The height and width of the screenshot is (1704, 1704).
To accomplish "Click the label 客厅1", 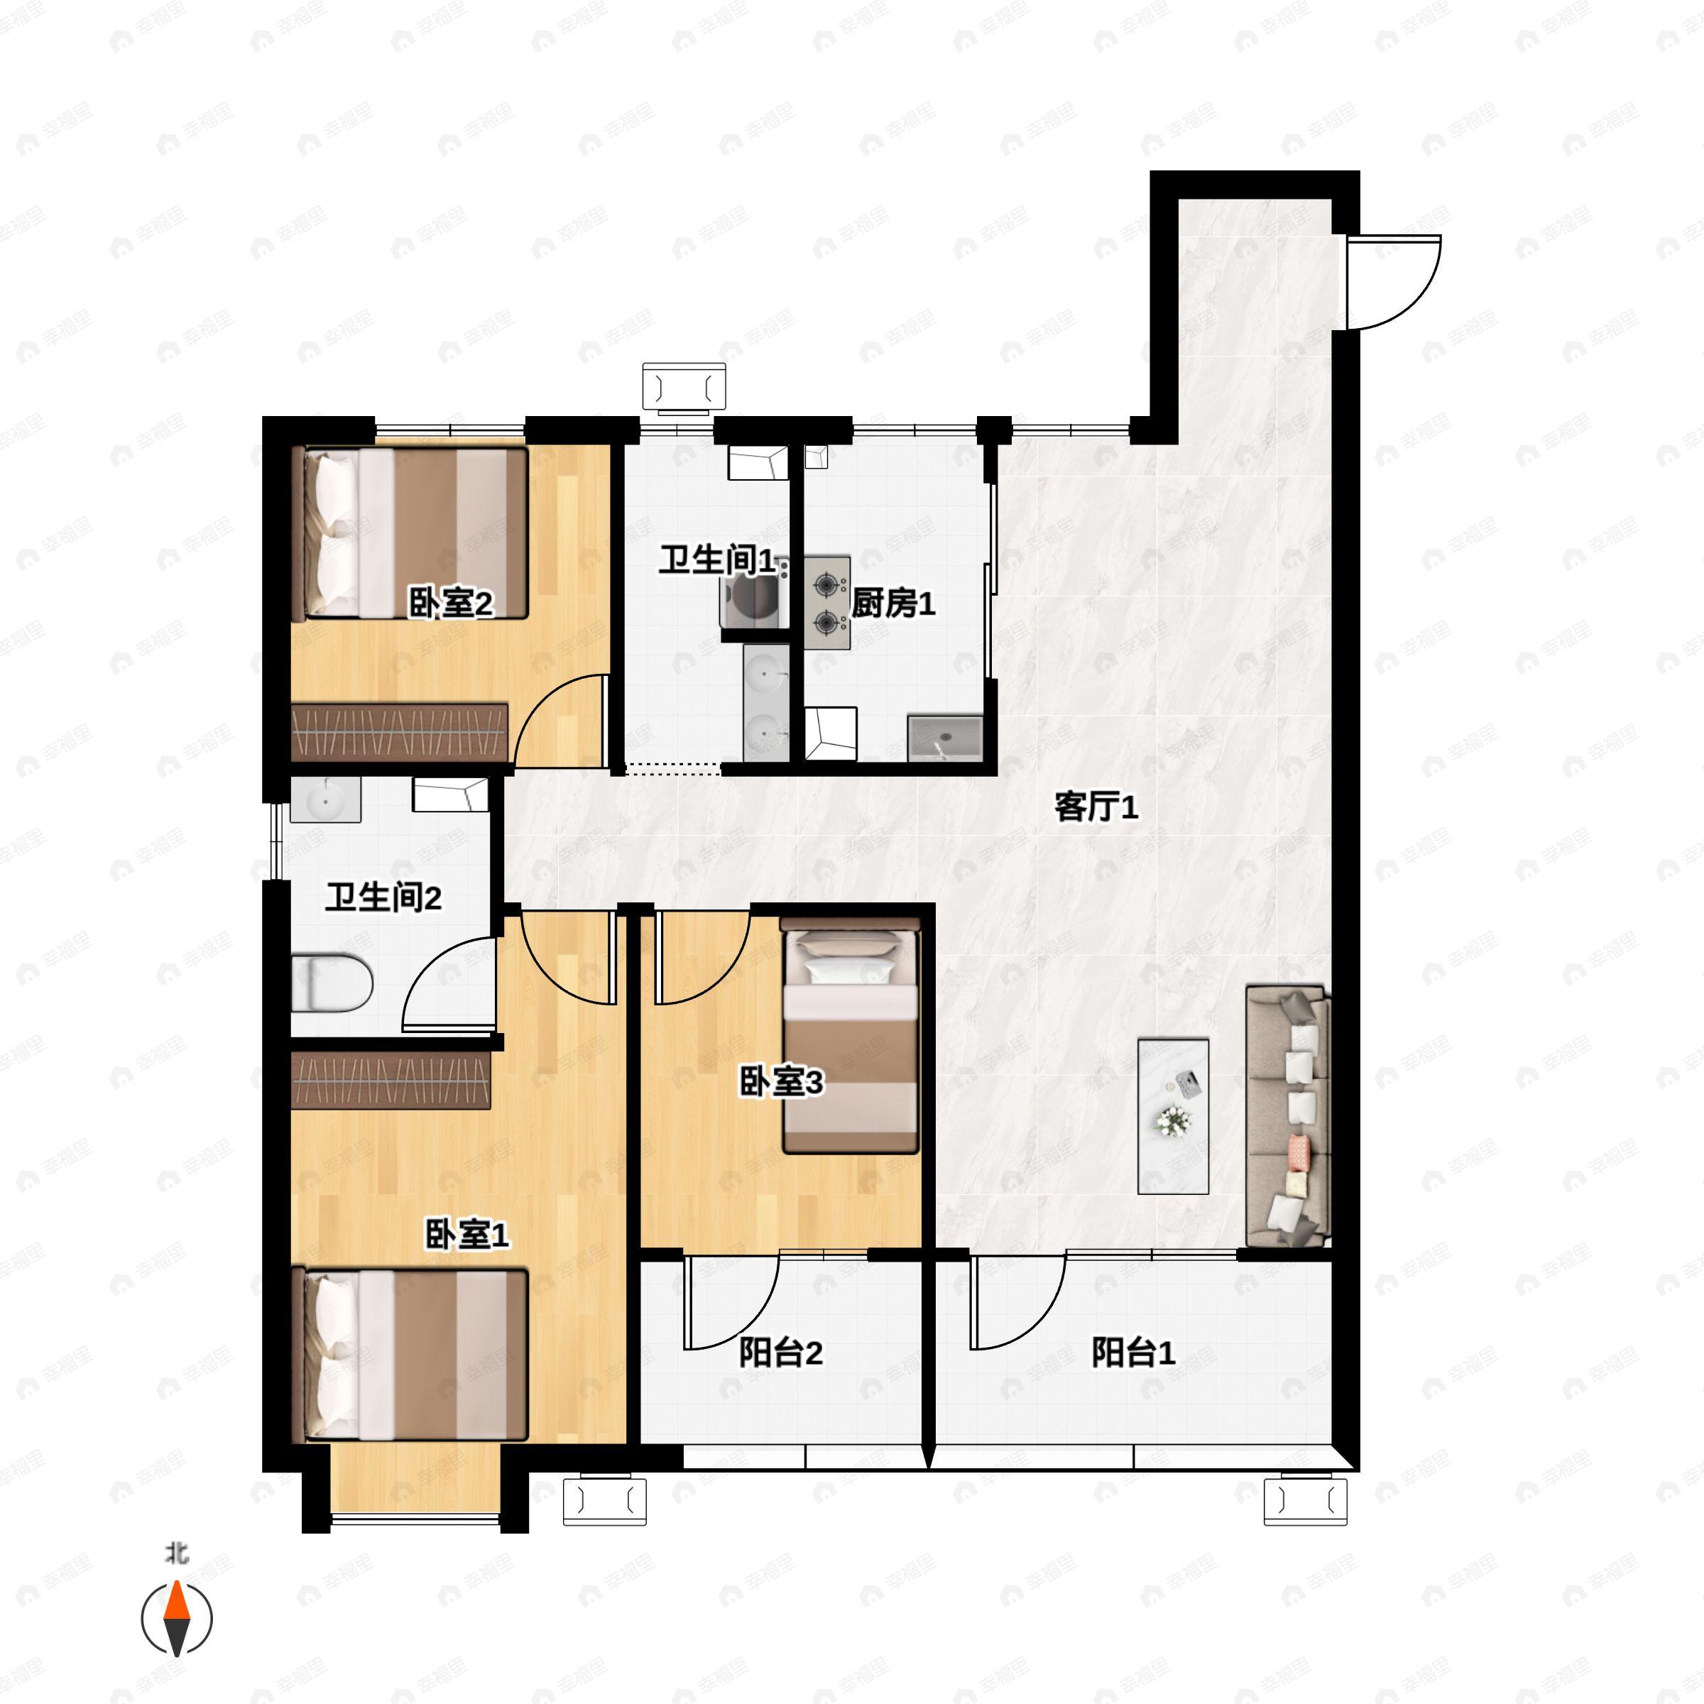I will click(1096, 806).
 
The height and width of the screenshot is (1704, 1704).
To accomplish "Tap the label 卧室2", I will click(451, 603).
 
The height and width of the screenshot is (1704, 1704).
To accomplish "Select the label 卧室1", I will click(466, 1235).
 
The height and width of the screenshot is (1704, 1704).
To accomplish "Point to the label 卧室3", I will click(780, 1081).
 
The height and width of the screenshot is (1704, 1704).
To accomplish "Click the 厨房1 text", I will click(892, 603).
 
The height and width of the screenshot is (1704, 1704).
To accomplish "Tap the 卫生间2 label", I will click(383, 898).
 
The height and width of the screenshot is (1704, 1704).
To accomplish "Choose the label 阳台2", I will click(780, 1352).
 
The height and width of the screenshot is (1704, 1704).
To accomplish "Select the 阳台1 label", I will click(1132, 1352).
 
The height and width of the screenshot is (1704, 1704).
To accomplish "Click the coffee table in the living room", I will click(1173, 1115).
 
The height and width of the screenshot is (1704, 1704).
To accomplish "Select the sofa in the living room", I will click(1288, 1115).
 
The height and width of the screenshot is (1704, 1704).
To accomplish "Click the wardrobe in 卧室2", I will click(400, 732).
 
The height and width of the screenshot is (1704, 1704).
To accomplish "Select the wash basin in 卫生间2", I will click(325, 801).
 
